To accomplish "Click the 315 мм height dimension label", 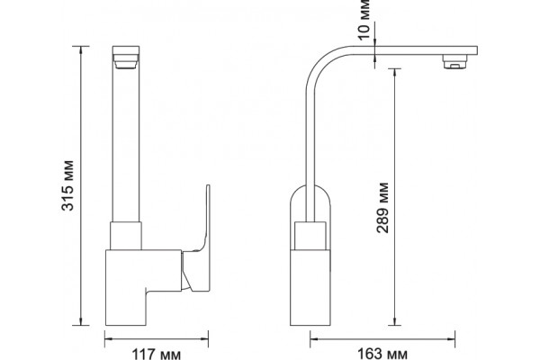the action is pyautogui.click(x=67, y=185).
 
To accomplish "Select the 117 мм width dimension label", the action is pyautogui.click(x=157, y=354).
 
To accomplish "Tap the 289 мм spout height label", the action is pyautogui.click(x=382, y=208).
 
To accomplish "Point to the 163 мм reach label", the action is pyautogui.click(x=382, y=354).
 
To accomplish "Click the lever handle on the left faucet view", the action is pyautogui.click(x=197, y=247).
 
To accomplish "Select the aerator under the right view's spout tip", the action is pyautogui.click(x=454, y=62).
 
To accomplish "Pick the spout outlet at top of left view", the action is pyautogui.click(x=126, y=58).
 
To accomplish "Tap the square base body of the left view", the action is pyautogui.click(x=143, y=287).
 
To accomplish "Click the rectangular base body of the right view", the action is pyautogui.click(x=310, y=287).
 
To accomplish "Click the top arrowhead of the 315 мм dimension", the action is pyautogui.click(x=81, y=50).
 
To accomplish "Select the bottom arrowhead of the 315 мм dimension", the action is pyautogui.click(x=81, y=321).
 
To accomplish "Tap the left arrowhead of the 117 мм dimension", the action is pyautogui.click(x=109, y=339).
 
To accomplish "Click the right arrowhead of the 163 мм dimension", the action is pyautogui.click(x=451, y=339).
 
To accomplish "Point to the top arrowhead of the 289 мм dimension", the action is pyautogui.click(x=395, y=73).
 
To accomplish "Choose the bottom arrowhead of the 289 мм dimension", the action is pyautogui.click(x=395, y=321).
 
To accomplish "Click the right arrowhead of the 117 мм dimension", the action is pyautogui.click(x=204, y=339).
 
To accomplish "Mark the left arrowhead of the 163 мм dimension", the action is pyautogui.click(x=315, y=339).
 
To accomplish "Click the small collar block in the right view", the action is pyautogui.click(x=310, y=235).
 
